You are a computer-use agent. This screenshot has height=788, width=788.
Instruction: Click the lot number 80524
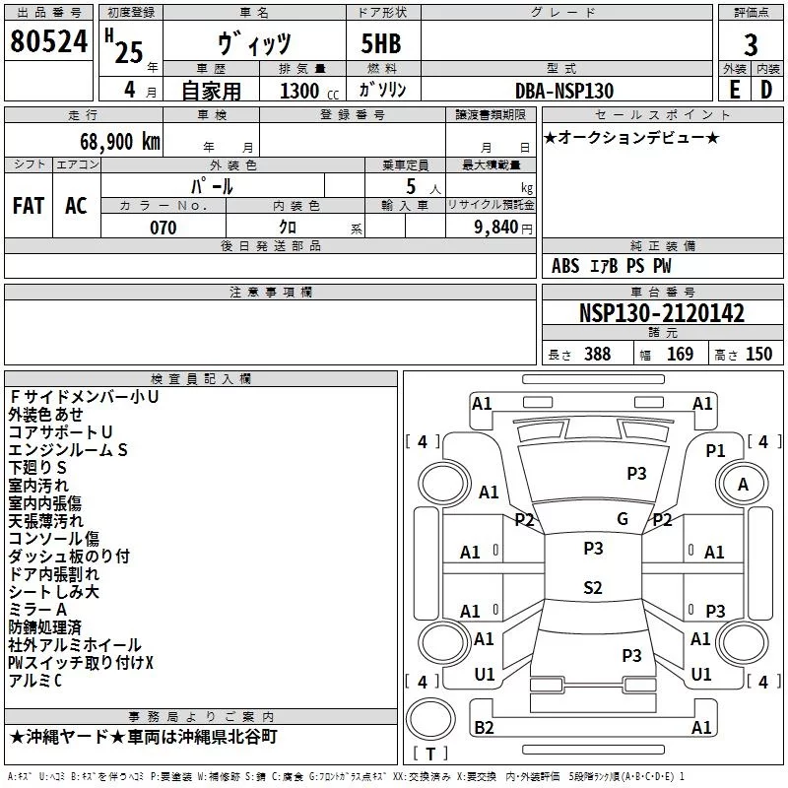(x=48, y=41)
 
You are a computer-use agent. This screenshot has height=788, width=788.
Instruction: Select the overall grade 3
(x=751, y=45)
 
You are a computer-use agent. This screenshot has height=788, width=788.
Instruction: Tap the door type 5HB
(x=381, y=43)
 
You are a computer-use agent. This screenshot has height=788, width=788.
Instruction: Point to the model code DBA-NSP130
(x=564, y=91)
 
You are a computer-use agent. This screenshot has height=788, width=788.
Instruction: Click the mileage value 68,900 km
(x=120, y=141)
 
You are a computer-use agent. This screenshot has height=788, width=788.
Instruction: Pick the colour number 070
(x=163, y=228)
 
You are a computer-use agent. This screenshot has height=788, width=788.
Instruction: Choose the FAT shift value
(x=29, y=206)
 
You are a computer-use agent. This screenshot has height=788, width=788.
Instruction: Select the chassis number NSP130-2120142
(x=661, y=313)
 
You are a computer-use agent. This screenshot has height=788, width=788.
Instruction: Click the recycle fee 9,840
(x=496, y=228)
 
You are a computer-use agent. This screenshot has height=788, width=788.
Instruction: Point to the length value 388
(x=597, y=354)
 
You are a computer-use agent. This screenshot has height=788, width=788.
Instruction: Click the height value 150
(x=758, y=354)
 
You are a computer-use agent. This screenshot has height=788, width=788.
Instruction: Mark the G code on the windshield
(x=623, y=519)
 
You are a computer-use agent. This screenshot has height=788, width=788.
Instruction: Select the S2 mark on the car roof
(x=593, y=587)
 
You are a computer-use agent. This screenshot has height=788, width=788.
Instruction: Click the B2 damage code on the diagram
(x=484, y=727)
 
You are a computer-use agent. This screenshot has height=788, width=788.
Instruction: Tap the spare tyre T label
(x=430, y=754)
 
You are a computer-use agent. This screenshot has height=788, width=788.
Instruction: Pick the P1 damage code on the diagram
(x=715, y=451)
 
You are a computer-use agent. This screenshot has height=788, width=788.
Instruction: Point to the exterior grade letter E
(x=734, y=90)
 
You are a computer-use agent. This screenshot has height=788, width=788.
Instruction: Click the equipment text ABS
(x=565, y=266)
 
